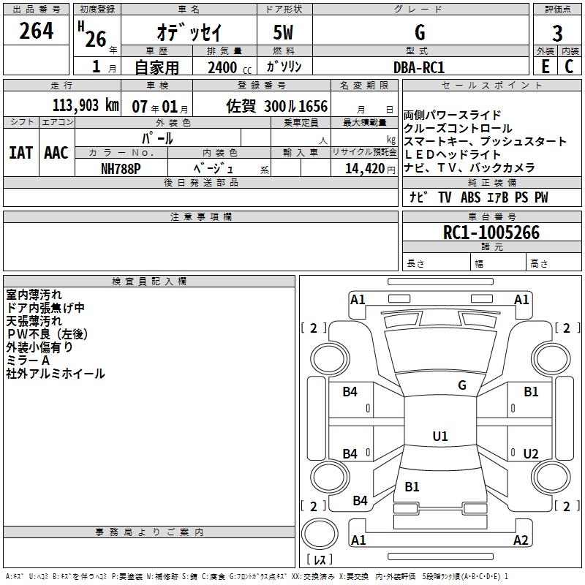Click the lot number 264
(x=36, y=31)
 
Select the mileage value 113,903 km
(x=86, y=105)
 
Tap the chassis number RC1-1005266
(x=491, y=233)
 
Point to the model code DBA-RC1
(x=419, y=67)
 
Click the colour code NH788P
(x=121, y=167)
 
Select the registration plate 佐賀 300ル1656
(x=277, y=106)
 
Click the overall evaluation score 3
(x=557, y=33)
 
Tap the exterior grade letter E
(x=545, y=67)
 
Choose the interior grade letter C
(x=569, y=67)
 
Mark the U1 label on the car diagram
(x=440, y=437)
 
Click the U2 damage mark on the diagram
(x=531, y=454)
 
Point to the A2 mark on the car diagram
(x=521, y=540)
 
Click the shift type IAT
(x=21, y=153)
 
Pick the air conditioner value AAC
(x=56, y=153)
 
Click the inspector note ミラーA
(x=27, y=361)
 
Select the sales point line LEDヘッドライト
(x=453, y=154)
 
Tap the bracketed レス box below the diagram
(x=322, y=560)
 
